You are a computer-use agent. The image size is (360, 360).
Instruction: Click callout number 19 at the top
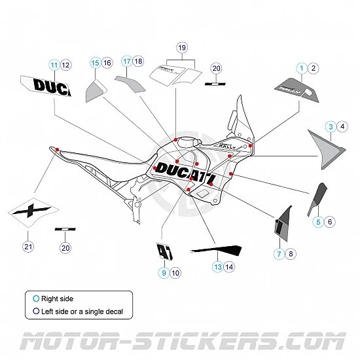(182, 47)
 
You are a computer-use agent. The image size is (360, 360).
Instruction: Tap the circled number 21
(27, 247)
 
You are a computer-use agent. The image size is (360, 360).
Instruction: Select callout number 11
(54, 64)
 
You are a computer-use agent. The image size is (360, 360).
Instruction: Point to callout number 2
(313, 68)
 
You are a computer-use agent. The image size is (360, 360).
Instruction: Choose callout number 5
(318, 222)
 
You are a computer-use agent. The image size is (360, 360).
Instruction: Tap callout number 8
(291, 253)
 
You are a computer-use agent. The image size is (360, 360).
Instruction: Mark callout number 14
(229, 266)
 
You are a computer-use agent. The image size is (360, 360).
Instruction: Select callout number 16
(107, 62)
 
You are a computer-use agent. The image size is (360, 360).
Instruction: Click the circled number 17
(126, 61)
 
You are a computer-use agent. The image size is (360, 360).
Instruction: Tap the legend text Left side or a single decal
(82, 312)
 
